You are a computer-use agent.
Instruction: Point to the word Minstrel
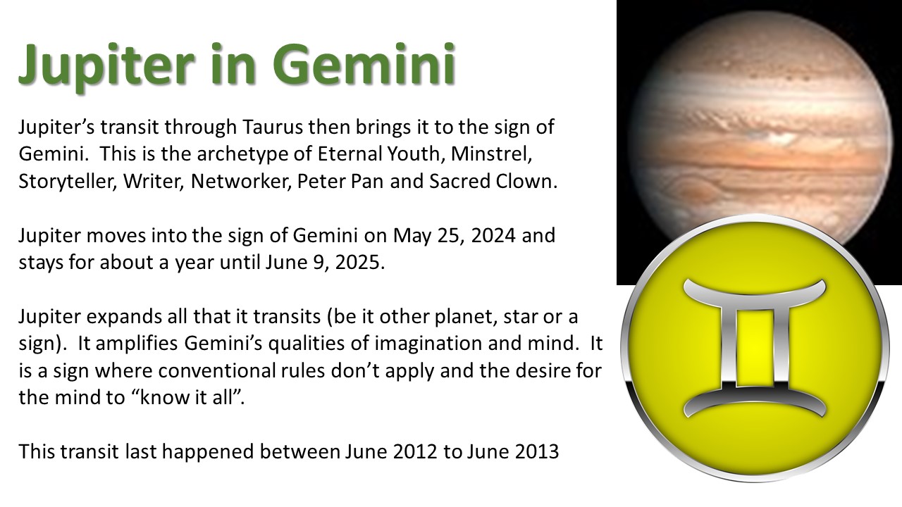pyautogui.click(x=491, y=154)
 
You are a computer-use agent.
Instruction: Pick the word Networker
pyautogui.click(x=241, y=182)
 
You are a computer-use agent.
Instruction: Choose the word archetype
pyautogui.click(x=242, y=154)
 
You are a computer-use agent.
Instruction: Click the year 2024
pyautogui.click(x=493, y=235)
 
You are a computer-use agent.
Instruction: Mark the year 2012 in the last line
pyautogui.click(x=415, y=452)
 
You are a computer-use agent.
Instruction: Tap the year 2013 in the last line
pyautogui.click(x=537, y=452)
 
